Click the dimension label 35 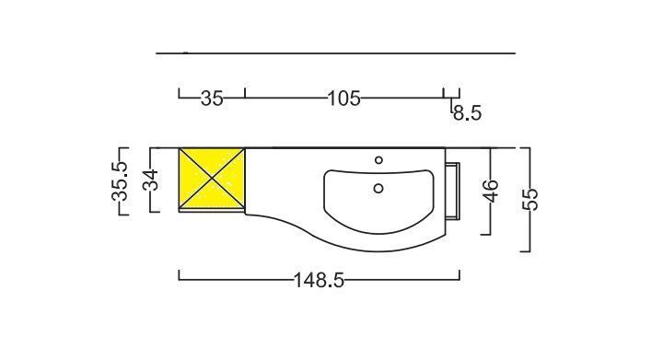coord(212,99)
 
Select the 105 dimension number coord(344,99)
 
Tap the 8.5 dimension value coord(468,112)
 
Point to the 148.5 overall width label coord(319,280)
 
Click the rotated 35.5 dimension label coord(120,180)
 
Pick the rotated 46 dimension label coord(491,191)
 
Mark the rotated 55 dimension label coord(529,199)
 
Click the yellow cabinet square coord(212,179)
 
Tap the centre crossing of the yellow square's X coord(212,179)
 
